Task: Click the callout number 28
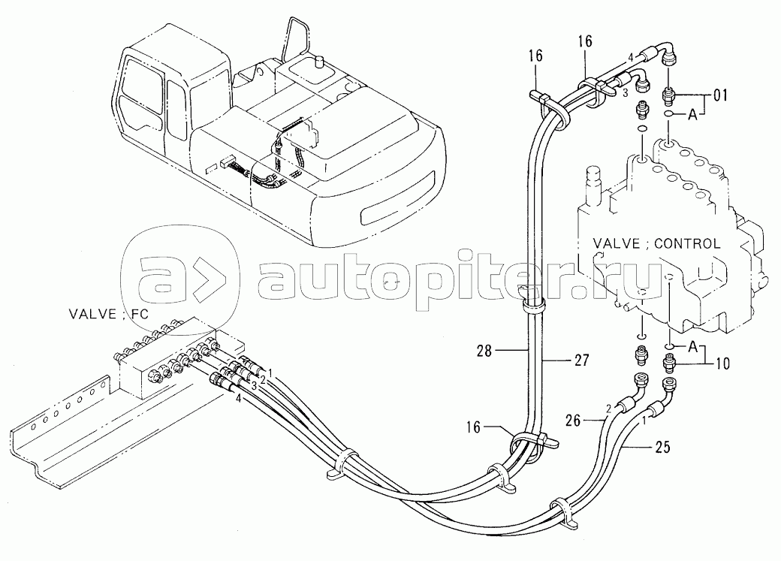click(x=484, y=351)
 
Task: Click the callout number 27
click(x=581, y=360)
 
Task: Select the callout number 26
click(x=573, y=421)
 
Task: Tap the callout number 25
click(x=662, y=448)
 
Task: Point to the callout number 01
click(x=720, y=95)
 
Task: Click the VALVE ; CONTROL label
click(x=656, y=243)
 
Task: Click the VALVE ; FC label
click(x=108, y=315)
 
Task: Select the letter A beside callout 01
click(x=692, y=115)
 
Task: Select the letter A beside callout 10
click(x=692, y=347)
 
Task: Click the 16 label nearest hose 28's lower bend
click(x=474, y=427)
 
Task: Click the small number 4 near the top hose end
click(x=630, y=58)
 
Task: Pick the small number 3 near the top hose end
click(x=625, y=92)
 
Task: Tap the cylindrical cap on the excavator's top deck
click(x=318, y=63)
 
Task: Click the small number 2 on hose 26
click(x=609, y=409)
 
